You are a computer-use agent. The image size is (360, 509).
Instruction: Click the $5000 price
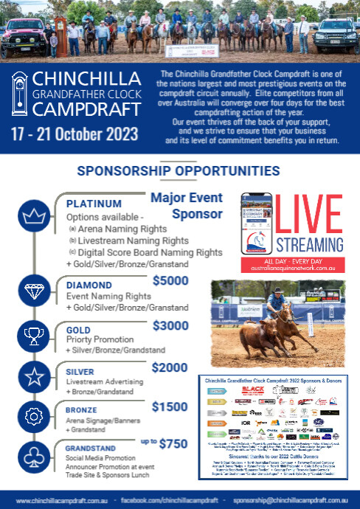[170, 280]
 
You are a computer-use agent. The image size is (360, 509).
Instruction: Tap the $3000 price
[170, 325]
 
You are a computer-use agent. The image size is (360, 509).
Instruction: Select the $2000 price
[170, 367]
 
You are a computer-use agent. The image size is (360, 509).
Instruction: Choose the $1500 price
[170, 406]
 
